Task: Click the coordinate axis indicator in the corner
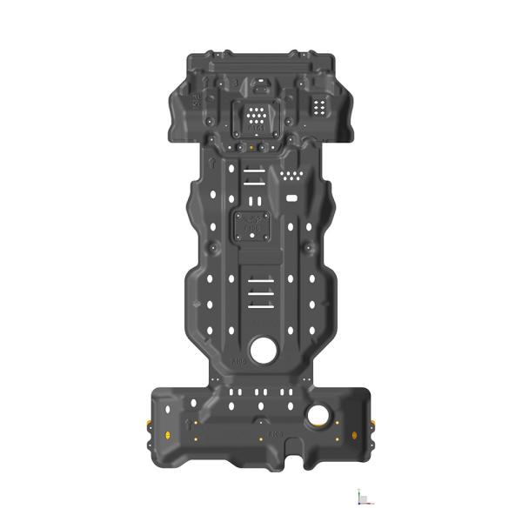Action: (x=365, y=497)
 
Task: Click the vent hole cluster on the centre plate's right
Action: (x=292, y=177)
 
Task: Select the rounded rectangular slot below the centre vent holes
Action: (x=292, y=197)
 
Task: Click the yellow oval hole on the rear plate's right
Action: (x=353, y=432)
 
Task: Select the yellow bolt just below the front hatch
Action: (x=251, y=146)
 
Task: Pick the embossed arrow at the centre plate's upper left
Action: (x=211, y=162)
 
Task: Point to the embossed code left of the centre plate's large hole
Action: (x=238, y=358)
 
